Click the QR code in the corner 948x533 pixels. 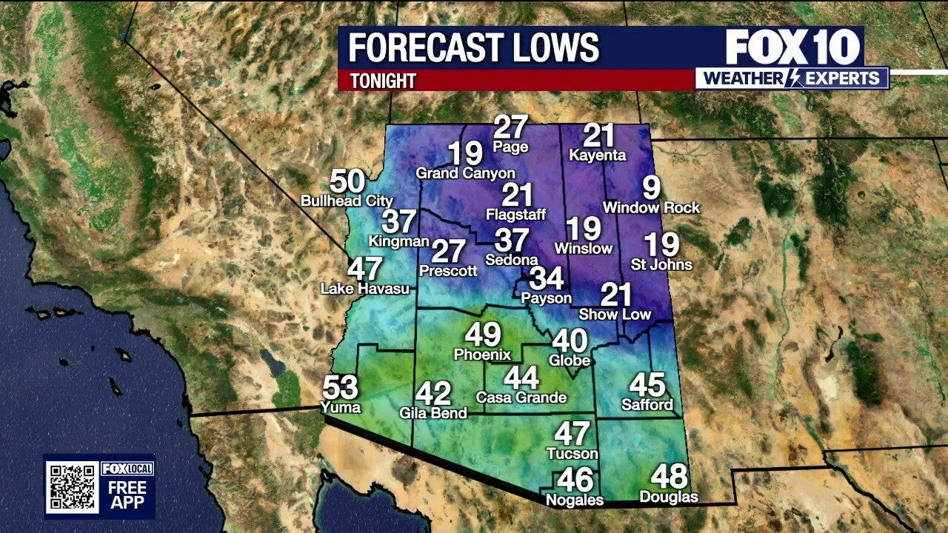(72, 487)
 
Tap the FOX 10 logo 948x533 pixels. (793, 47)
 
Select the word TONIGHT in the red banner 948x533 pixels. (383, 81)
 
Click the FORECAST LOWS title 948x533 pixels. (473, 48)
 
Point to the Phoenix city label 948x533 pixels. (482, 355)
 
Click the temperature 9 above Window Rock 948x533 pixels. (651, 188)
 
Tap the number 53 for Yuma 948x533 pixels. (341, 387)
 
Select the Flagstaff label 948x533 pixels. (515, 215)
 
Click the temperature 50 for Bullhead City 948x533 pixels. (347, 181)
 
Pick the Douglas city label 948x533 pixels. (669, 497)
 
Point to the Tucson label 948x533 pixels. (572, 453)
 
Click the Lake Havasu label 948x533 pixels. (364, 289)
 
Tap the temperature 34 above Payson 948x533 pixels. (547, 278)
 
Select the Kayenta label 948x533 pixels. (598, 155)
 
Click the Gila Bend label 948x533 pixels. (433, 413)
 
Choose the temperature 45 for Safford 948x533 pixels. (647, 384)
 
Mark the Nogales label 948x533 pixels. (575, 500)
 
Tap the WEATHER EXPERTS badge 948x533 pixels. (792, 78)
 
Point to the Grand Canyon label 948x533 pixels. (465, 173)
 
